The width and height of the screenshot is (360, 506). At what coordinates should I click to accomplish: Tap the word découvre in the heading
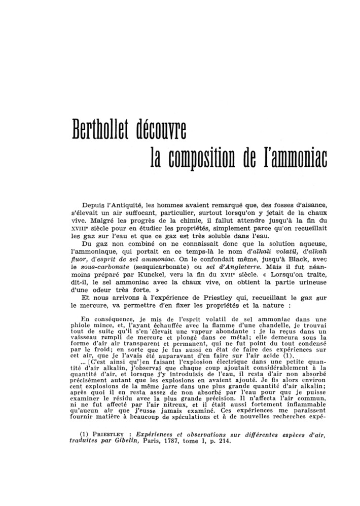coord(159,130)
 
